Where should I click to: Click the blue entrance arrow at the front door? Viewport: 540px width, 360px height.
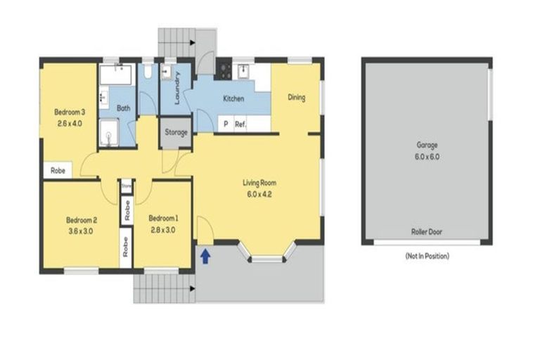[x=205, y=257]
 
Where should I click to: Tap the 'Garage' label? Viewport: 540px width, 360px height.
[x=427, y=146]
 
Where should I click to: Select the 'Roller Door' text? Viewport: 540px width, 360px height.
[x=427, y=231]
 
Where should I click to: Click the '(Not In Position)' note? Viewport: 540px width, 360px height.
[x=427, y=256]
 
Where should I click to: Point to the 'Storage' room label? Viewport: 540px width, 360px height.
[x=176, y=132]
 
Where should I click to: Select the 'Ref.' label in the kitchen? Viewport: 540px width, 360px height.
[x=240, y=124]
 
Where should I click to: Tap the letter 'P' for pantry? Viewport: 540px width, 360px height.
[x=225, y=124]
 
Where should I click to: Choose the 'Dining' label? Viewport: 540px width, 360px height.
[x=297, y=97]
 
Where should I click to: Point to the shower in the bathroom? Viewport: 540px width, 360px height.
[x=108, y=131]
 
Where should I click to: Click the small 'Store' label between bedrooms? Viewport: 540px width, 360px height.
[x=127, y=186]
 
